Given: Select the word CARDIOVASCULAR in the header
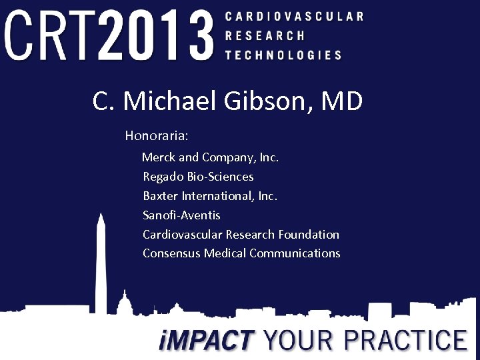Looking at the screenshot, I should tap(294, 16).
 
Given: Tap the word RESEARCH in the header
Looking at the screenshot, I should tap(265, 35).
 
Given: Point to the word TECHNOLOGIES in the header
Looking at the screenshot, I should tap(283, 55).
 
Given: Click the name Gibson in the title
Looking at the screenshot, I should tap(276, 101).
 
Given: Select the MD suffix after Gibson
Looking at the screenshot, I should tap(342, 101).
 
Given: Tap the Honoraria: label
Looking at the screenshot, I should tap(157, 135).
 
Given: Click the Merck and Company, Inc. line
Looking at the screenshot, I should tap(210, 157).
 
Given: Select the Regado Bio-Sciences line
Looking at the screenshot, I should tap(198, 177).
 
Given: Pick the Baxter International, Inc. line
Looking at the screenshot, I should tap(210, 196).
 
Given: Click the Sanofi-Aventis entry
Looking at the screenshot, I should tap(181, 215).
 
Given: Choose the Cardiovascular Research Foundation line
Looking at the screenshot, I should tap(241, 234).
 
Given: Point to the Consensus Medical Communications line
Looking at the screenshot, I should tap(241, 253).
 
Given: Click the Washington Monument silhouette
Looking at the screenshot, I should tap(101, 267).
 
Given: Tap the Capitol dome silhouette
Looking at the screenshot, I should tap(124, 303).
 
